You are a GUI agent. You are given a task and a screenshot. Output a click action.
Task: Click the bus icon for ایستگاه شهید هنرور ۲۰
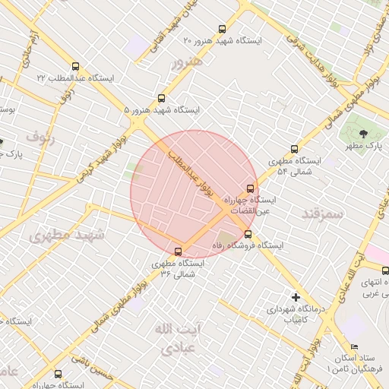pyautogui.click(x=221, y=29)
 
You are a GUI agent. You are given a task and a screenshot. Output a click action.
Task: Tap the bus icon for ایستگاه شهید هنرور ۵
pyautogui.click(x=160, y=99)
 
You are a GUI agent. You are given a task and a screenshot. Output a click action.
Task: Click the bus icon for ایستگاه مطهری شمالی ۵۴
pyautogui.click(x=295, y=150)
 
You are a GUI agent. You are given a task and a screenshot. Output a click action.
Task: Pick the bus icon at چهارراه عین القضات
pyautogui.click(x=249, y=188)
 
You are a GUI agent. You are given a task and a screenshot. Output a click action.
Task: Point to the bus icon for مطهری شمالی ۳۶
pyautogui.click(x=179, y=251)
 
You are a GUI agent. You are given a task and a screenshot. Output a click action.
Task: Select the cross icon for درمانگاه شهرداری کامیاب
pyautogui.click(x=296, y=296)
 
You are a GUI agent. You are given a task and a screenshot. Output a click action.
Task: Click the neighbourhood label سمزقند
pyautogui.click(x=322, y=213)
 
